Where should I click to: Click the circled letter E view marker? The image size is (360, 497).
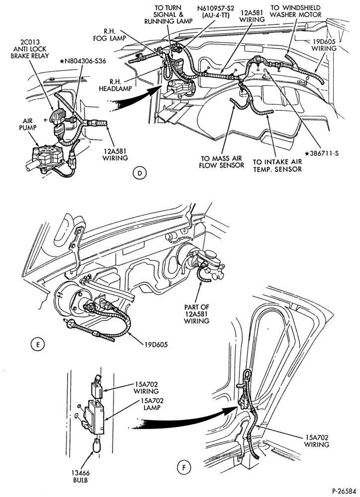37,344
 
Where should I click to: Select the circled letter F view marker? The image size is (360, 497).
184,467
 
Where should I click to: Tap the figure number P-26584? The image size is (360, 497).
344,491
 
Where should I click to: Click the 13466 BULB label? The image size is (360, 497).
81,477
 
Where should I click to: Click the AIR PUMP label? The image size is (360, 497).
29,124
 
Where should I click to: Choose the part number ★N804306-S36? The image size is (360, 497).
83,61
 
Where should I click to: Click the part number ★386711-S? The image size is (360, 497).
322,154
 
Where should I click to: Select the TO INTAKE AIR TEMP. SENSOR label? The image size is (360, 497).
277,165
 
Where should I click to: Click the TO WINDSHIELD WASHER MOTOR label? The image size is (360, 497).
296,11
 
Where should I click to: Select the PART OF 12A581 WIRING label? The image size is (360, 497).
196,314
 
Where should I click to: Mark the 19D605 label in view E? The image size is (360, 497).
156,344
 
